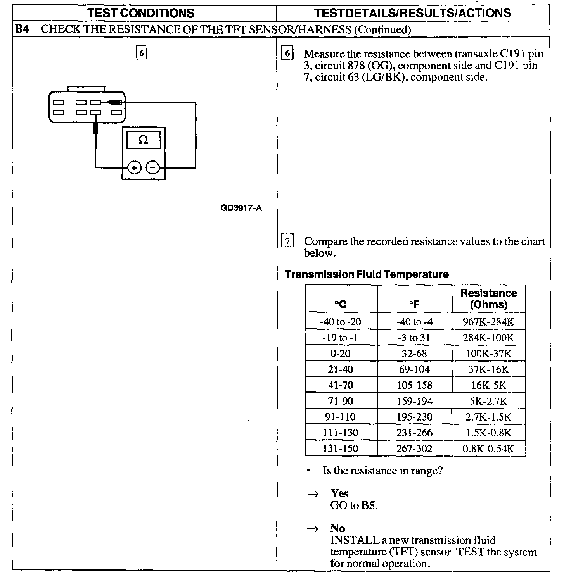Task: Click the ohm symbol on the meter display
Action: [x=143, y=140]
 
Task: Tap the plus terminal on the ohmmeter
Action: [x=134, y=168]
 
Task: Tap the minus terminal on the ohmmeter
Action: [x=153, y=168]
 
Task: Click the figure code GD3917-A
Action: [x=241, y=208]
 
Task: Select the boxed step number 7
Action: [x=287, y=241]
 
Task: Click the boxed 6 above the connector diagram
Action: [x=142, y=53]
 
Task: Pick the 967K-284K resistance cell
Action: [x=488, y=322]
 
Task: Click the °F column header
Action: [x=414, y=304]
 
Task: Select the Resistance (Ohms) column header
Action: [x=488, y=298]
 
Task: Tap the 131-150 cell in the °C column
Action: [x=341, y=448]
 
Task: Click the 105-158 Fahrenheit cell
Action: [x=414, y=385]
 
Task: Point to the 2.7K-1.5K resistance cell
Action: [x=488, y=417]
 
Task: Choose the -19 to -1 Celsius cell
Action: [x=341, y=338]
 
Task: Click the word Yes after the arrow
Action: [x=339, y=493]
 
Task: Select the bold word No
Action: [x=337, y=528]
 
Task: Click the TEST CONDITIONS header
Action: [x=141, y=13]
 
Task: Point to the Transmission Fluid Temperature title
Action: [x=367, y=274]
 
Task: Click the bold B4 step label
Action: [x=22, y=29]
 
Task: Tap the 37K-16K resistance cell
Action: [x=488, y=369]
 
